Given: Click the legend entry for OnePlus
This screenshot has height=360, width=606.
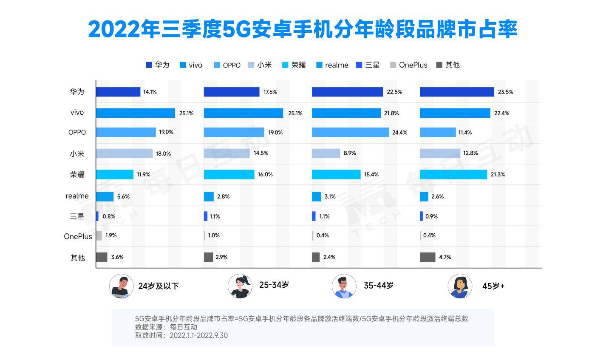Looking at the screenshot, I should click(x=413, y=65).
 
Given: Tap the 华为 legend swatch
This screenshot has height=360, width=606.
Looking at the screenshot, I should click(x=149, y=65).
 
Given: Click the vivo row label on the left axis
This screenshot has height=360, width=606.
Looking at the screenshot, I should click(x=77, y=113).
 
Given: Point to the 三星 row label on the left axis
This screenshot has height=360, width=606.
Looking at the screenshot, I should click(x=77, y=216).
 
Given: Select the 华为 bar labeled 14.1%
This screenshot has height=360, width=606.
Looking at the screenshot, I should click(x=118, y=92).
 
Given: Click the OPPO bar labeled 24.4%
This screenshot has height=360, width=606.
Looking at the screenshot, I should click(x=350, y=132).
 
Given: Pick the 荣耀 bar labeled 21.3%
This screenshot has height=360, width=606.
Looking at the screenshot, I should click(x=453, y=174).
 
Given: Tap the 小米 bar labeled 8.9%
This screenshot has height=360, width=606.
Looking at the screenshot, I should click(x=326, y=153).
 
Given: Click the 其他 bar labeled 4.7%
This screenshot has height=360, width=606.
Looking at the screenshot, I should click(x=428, y=257).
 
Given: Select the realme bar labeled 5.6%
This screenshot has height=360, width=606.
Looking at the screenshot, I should click(x=105, y=196).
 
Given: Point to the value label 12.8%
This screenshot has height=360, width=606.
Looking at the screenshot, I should click(x=470, y=153).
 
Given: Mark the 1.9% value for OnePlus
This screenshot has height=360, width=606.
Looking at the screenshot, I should click(x=111, y=235).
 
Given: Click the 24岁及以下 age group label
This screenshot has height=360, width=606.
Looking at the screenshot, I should click(x=159, y=286).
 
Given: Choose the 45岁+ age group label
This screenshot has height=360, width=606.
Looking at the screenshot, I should click(x=493, y=286).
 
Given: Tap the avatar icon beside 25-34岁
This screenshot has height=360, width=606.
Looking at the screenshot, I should click(x=240, y=286).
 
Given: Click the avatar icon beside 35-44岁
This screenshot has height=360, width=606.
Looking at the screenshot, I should click(x=344, y=286).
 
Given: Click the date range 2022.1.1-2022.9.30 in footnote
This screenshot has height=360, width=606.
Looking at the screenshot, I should click(x=198, y=335).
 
